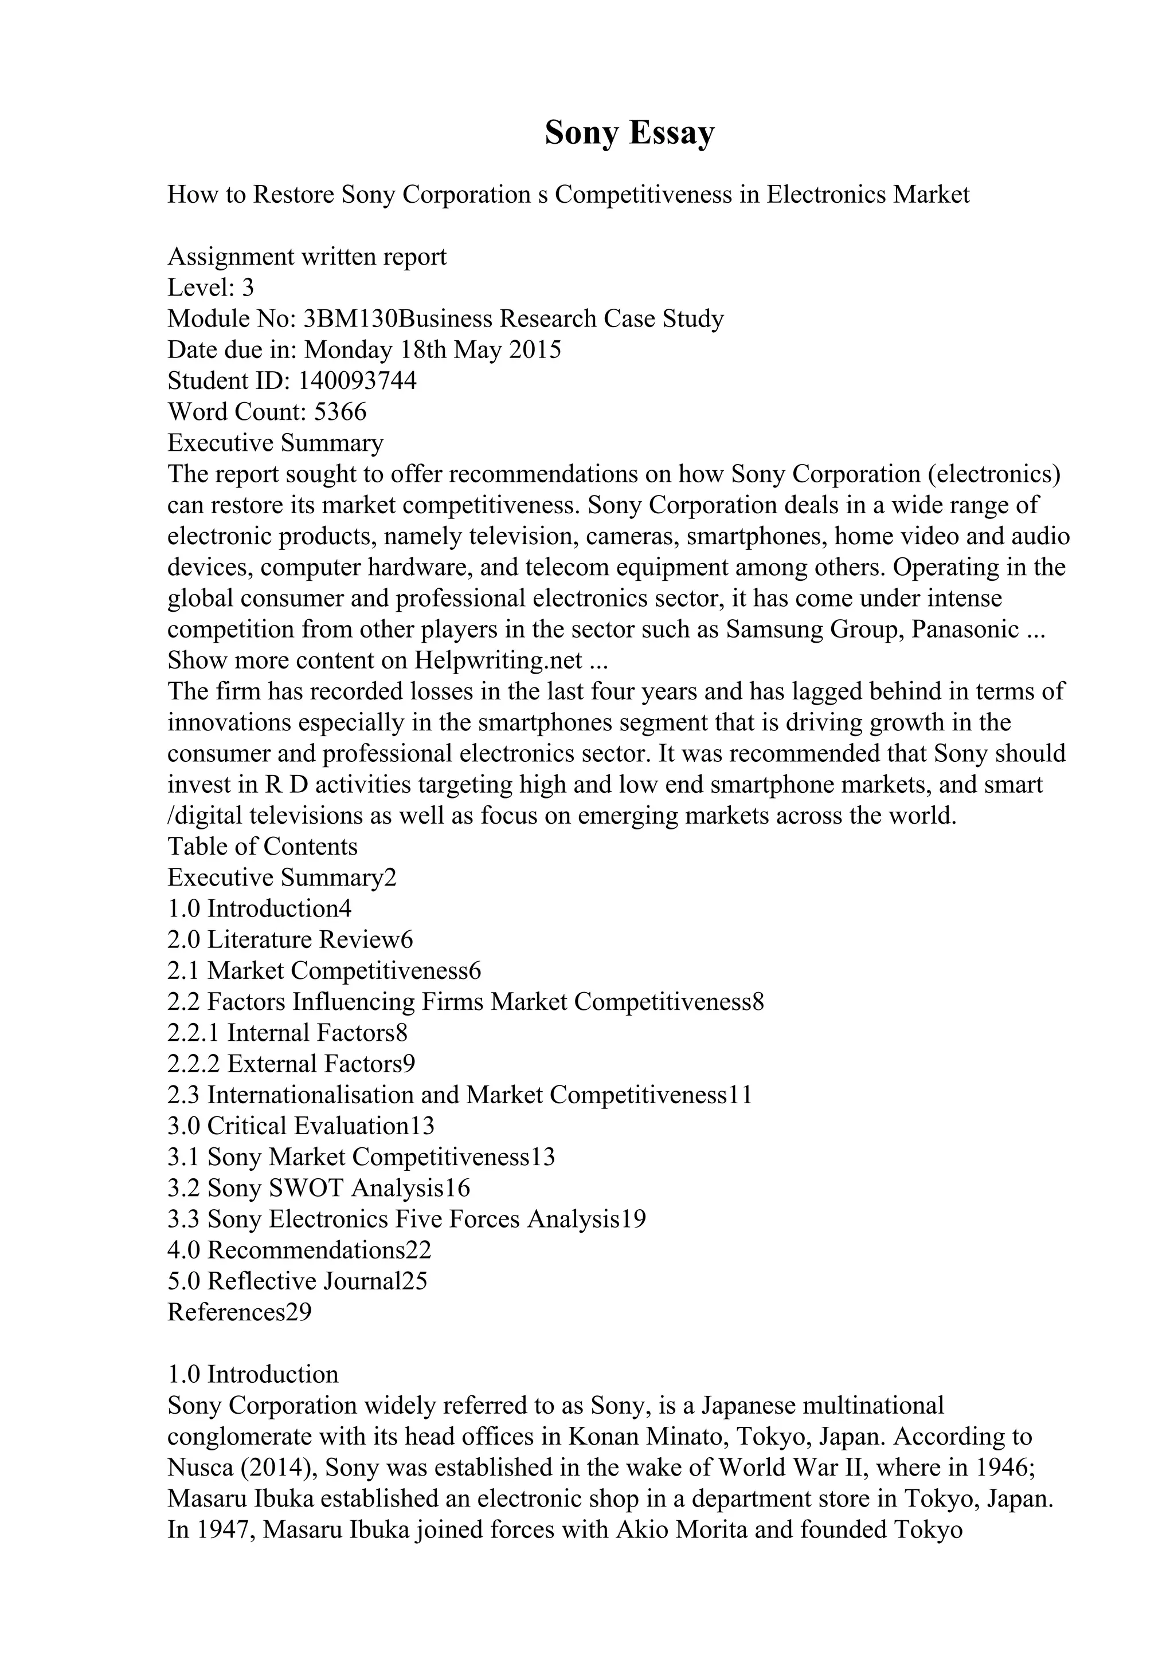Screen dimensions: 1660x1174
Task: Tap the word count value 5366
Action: [x=340, y=412]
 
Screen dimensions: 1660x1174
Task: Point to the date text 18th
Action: [x=423, y=350]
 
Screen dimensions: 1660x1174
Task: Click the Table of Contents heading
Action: [x=263, y=847]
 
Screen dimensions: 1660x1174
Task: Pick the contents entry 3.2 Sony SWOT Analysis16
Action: [x=318, y=1188]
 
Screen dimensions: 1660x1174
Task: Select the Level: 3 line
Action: [x=210, y=288]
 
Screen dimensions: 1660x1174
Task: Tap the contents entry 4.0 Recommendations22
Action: [x=299, y=1250]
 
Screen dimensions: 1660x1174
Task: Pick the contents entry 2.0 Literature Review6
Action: [x=290, y=940]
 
